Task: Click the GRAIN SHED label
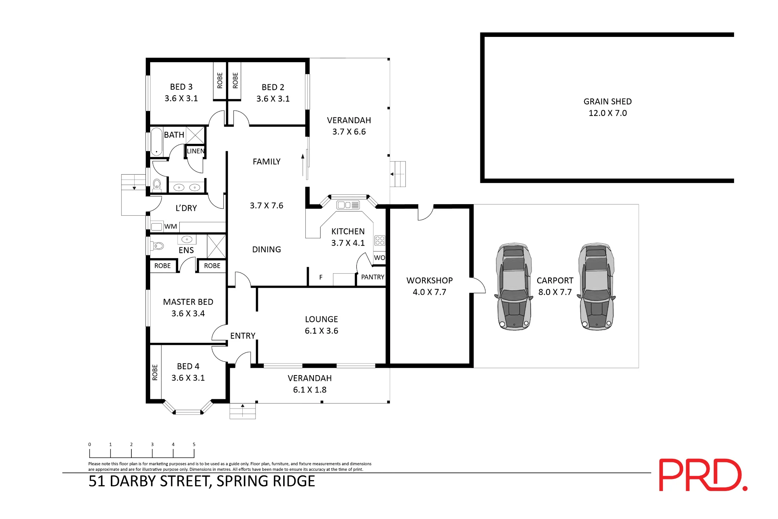607,101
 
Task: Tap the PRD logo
703,475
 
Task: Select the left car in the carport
514,287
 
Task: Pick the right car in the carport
596,287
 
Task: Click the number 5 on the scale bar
194,444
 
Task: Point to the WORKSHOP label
429,280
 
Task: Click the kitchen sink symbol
348,205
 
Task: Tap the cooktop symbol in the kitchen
380,240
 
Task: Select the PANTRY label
373,277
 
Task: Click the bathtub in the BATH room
156,142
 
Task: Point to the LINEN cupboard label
196,151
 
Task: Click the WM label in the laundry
170,226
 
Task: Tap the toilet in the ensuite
158,246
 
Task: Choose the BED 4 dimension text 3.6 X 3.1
188,378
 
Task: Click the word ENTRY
243,336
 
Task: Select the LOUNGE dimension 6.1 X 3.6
321,331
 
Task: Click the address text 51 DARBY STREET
150,481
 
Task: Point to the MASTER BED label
188,302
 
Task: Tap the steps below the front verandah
243,411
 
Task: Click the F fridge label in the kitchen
321,277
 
